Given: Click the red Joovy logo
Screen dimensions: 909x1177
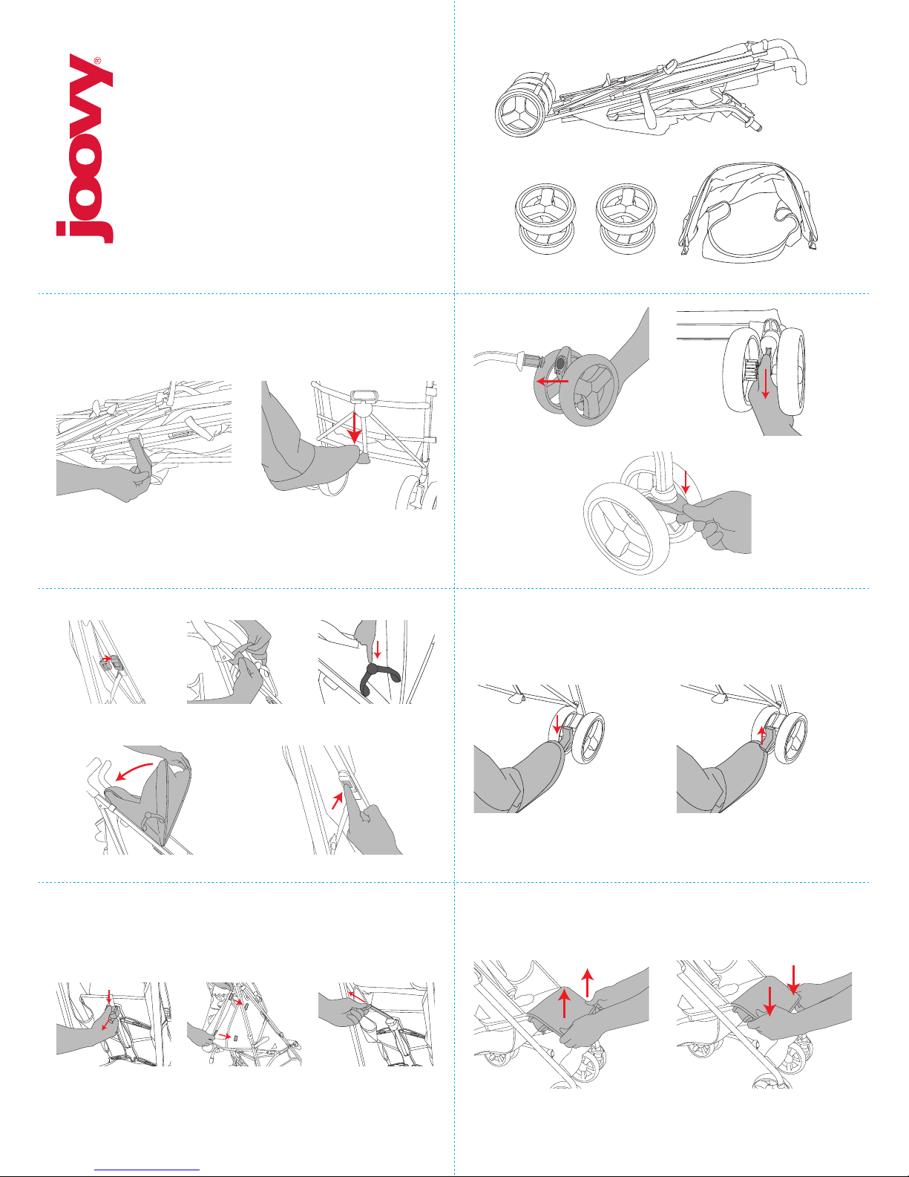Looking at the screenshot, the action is coord(85,149).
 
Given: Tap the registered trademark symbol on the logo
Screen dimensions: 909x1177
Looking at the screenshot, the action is coord(97,61).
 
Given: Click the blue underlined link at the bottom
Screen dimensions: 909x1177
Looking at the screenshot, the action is coord(147,1170).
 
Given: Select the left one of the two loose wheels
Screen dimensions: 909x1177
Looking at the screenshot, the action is coord(545,219).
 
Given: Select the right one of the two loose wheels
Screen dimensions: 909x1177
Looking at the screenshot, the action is coord(626,219).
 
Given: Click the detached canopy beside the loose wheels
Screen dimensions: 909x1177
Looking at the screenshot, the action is coord(748,212).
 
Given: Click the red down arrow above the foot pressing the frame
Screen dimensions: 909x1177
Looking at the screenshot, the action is coord(355,427).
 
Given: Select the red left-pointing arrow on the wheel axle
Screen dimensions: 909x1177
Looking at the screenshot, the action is coord(552,382).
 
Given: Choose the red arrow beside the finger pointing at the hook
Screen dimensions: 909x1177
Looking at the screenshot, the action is coord(378,650).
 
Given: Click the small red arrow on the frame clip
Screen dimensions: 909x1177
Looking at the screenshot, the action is coord(106,659).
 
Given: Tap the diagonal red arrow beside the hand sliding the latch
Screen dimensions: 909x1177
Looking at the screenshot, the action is coord(338,800).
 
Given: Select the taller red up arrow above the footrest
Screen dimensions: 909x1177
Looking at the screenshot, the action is coord(588,982).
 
